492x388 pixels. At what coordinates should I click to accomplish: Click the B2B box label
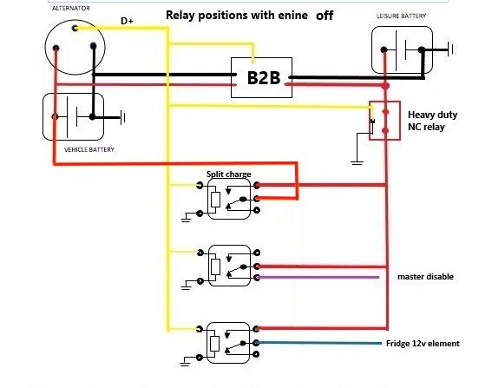[264, 78]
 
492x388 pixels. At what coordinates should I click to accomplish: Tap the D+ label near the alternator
[127, 21]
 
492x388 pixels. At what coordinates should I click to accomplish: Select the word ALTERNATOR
[71, 8]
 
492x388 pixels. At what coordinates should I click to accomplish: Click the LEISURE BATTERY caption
[401, 16]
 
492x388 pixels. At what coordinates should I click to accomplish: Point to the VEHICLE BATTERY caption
[89, 150]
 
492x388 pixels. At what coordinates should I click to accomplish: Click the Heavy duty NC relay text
[432, 121]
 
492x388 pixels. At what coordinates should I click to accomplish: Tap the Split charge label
[229, 174]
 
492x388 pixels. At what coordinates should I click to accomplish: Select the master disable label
[425, 277]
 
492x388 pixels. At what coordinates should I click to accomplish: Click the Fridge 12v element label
[423, 344]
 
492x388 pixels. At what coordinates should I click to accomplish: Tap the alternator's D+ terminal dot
[75, 29]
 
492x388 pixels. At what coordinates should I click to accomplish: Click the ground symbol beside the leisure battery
[450, 49]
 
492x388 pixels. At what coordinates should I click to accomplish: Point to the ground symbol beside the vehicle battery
[122, 118]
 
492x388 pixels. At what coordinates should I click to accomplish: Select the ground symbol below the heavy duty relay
[358, 162]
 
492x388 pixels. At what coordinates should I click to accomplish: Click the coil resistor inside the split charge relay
[215, 200]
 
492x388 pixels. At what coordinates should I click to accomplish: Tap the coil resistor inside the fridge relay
[214, 344]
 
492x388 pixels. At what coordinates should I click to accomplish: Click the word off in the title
[325, 16]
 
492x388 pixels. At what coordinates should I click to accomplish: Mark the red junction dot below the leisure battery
[385, 86]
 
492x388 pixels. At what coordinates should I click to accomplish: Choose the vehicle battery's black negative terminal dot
[92, 117]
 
